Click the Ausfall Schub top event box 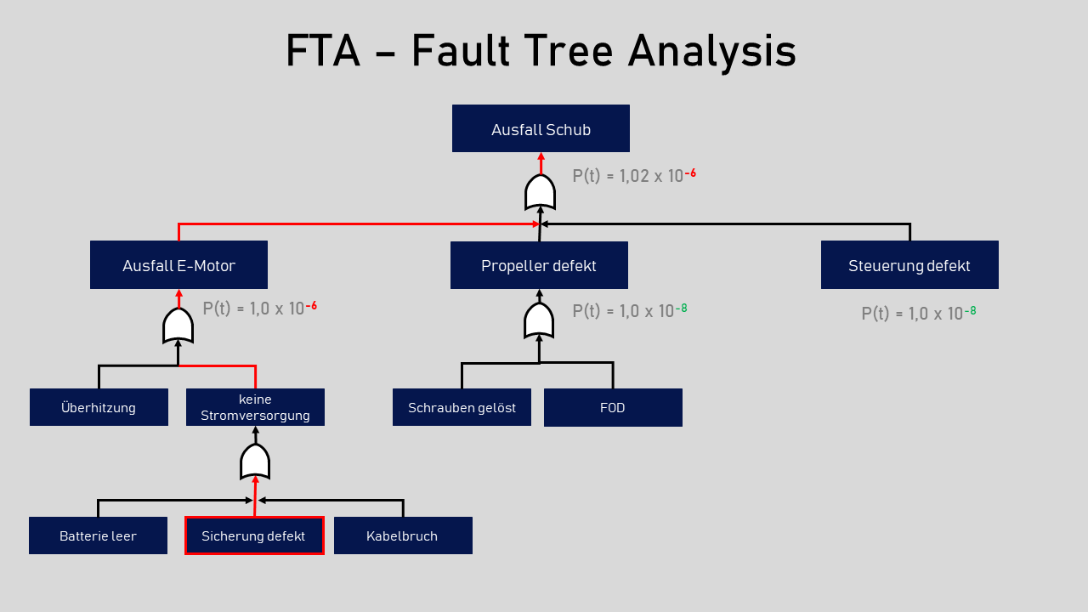pyautogui.click(x=541, y=129)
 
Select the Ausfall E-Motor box pyautogui.click(x=178, y=265)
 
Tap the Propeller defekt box pyautogui.click(x=539, y=265)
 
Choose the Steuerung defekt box pyautogui.click(x=909, y=265)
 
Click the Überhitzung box pyautogui.click(x=99, y=407)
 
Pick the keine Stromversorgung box pyautogui.click(x=255, y=407)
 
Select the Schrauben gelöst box pyautogui.click(x=462, y=407)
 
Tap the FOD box pyautogui.click(x=613, y=407)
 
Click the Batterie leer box pyautogui.click(x=98, y=535)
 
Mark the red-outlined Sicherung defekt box pyautogui.click(x=254, y=535)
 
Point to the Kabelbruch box pyautogui.click(x=403, y=535)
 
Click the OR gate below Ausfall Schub pyautogui.click(x=540, y=192)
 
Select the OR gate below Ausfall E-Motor pyautogui.click(x=178, y=326)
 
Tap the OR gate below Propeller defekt pyautogui.click(x=539, y=320)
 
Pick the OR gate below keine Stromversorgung pyautogui.click(x=255, y=462)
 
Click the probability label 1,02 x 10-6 pyautogui.click(x=634, y=176)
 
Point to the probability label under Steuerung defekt pyautogui.click(x=919, y=313)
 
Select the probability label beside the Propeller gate pyautogui.click(x=630, y=311)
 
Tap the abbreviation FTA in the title pyautogui.click(x=322, y=51)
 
